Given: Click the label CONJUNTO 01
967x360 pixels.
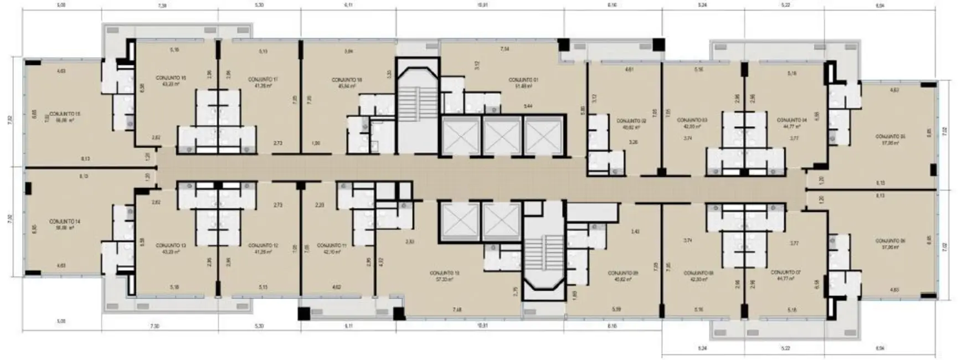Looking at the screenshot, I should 523,80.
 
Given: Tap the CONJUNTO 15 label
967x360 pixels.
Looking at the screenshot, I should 65,114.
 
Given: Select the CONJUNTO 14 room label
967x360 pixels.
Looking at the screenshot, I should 65,222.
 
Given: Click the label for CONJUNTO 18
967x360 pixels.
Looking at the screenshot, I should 348,80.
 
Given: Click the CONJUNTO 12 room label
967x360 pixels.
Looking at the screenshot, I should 263,245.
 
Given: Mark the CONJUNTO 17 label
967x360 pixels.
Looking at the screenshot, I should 263,79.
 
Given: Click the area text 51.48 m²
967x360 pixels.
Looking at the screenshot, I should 523,86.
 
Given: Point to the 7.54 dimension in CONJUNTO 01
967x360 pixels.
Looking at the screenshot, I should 505,50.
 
